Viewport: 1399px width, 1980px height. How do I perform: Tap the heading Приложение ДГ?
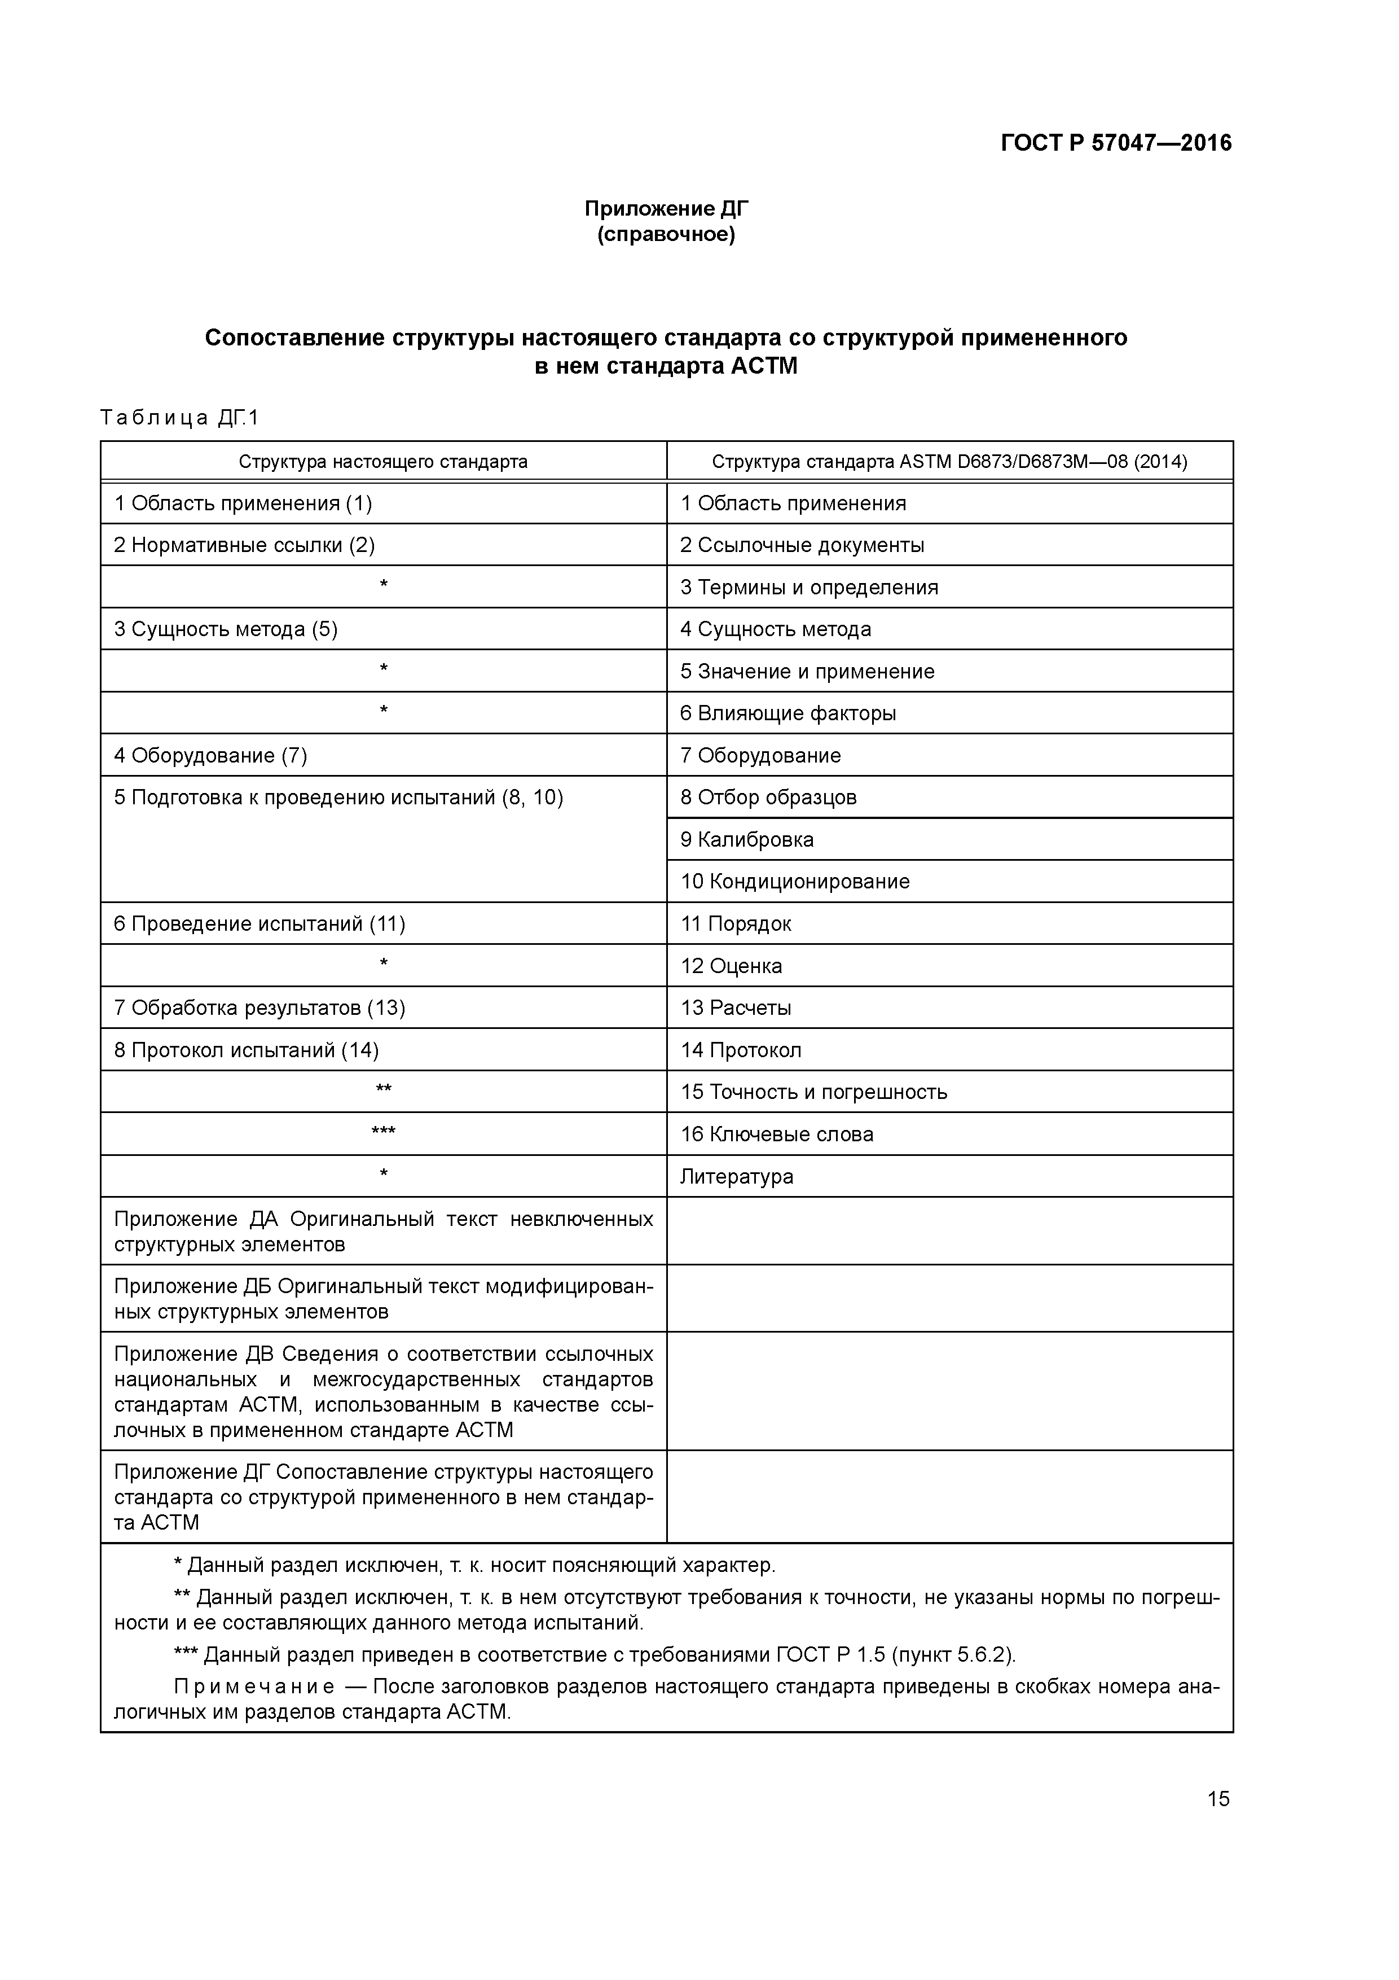coord(666,209)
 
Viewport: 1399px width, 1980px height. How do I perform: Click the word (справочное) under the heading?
coord(666,235)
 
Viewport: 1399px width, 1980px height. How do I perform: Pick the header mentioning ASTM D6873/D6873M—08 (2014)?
coord(949,461)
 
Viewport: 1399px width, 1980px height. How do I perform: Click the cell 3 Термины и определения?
coord(808,587)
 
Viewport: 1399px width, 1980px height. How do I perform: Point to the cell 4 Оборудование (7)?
coord(210,755)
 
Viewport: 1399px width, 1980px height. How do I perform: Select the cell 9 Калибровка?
coord(746,840)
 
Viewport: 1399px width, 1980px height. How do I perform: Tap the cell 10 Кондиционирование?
coord(795,881)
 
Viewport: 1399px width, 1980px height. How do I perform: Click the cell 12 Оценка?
coord(731,966)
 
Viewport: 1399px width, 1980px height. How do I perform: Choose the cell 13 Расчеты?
coord(735,1008)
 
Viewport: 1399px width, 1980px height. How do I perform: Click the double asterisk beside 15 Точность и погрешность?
coord(384,1090)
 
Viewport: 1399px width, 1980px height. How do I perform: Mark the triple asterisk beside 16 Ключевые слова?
coord(384,1132)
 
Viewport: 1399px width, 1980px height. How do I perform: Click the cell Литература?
coord(736,1176)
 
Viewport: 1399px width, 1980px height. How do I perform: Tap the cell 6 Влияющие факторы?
coord(788,713)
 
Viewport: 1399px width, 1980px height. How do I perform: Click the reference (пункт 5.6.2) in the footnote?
coord(952,1655)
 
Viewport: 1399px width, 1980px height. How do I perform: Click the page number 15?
coord(1218,1799)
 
